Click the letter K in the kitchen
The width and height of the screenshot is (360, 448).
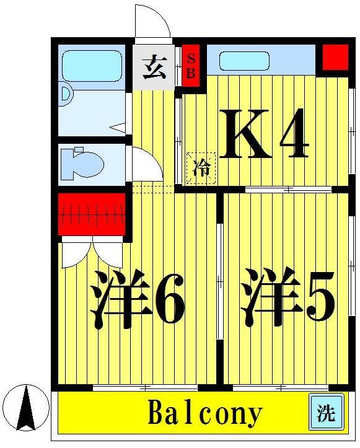point(247,133)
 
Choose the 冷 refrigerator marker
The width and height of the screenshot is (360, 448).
point(201,168)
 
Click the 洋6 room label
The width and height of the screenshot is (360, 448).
point(137,299)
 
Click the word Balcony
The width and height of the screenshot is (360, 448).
point(204,413)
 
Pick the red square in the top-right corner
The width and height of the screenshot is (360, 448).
point(335,57)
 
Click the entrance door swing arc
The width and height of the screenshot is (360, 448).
point(152,24)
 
